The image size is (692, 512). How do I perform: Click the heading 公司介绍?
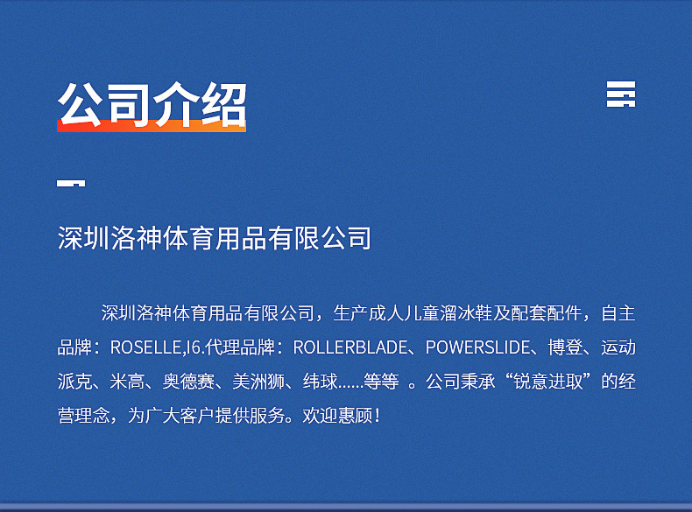(152, 104)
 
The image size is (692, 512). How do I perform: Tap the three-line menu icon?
(621, 94)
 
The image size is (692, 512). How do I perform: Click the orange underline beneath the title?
(152, 126)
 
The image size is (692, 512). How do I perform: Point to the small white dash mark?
(71, 183)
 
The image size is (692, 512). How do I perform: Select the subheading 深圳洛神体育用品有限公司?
(215, 238)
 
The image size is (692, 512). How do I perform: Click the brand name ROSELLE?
(145, 347)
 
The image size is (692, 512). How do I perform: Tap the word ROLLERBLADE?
(350, 347)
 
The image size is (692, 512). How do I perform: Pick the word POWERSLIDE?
(477, 347)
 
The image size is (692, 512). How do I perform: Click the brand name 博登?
(565, 347)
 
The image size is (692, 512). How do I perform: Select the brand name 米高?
(127, 382)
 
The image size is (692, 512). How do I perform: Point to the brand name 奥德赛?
(188, 382)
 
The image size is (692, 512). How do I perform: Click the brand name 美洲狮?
(258, 382)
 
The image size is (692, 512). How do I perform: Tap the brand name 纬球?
(321, 382)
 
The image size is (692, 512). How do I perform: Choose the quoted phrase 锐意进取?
(548, 382)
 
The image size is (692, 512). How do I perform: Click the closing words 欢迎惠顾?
(337, 416)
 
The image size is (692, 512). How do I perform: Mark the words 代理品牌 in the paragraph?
(241, 347)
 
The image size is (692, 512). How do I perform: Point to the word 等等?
(381, 382)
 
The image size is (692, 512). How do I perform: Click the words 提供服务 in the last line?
(250, 416)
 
